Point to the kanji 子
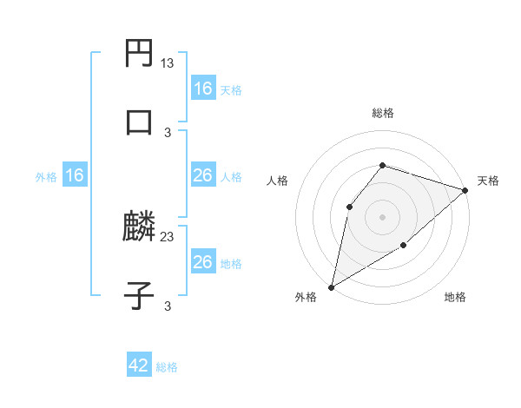(x=140, y=297)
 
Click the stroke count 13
(x=168, y=63)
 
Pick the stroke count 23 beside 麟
(x=168, y=236)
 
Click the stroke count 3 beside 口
(x=168, y=132)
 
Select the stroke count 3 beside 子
(x=168, y=306)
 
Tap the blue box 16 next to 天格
(x=203, y=89)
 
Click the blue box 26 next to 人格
(x=203, y=176)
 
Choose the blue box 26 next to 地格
(x=203, y=262)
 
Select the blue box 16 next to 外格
(x=75, y=176)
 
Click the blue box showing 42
(x=139, y=366)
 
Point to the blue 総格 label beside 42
(x=167, y=367)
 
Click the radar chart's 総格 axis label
(x=383, y=113)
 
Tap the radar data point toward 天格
(x=465, y=190)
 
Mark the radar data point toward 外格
(x=331, y=287)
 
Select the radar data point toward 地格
(x=404, y=246)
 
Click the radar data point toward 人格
(x=349, y=207)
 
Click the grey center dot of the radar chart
(x=383, y=217)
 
